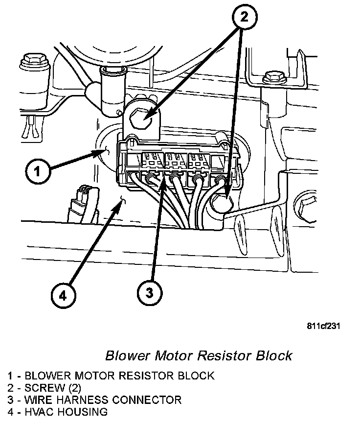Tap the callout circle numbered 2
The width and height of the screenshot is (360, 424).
(x=243, y=18)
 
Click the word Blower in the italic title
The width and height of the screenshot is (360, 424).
(x=124, y=355)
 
